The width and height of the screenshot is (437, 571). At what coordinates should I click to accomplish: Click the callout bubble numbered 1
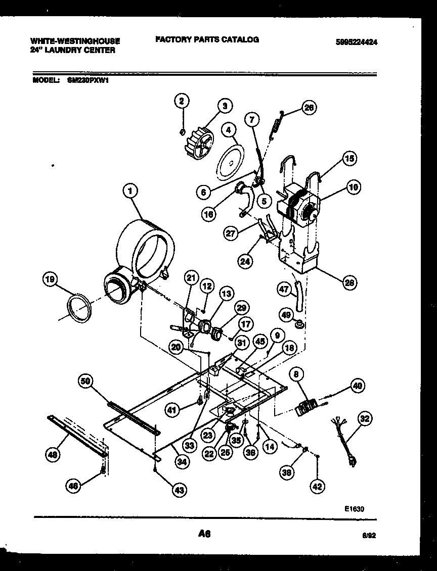[130, 191]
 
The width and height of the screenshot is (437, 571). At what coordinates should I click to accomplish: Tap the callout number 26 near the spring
[309, 107]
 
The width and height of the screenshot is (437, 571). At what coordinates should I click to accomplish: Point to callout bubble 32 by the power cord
[364, 418]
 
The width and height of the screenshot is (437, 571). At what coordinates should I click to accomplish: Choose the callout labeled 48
[52, 454]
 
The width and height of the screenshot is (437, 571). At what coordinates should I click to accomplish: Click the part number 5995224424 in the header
[356, 42]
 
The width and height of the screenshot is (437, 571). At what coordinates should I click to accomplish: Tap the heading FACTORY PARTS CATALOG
[207, 39]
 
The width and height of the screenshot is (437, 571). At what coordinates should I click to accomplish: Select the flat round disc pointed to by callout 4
[230, 162]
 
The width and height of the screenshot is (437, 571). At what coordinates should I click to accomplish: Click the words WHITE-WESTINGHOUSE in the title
[75, 40]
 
